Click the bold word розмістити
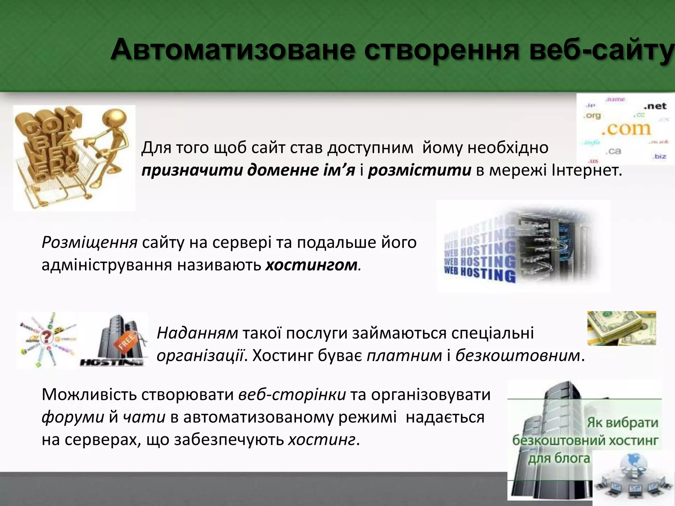[x=419, y=171]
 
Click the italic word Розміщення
[x=89, y=243]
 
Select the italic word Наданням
[x=197, y=333]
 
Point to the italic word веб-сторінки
[x=292, y=395]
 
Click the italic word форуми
[x=73, y=417]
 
